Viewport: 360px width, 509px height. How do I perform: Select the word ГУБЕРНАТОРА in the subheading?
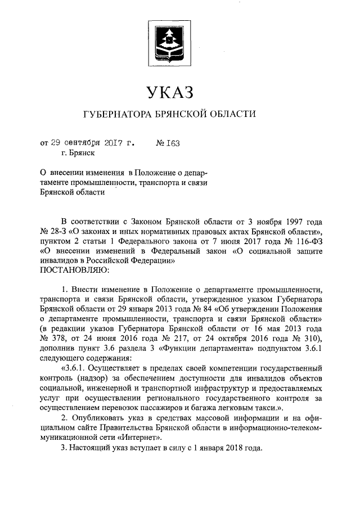pyautogui.click(x=115, y=115)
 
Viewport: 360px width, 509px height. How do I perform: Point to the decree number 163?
pyautogui.click(x=172, y=143)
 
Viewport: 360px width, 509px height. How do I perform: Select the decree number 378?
pyautogui.click(x=60, y=339)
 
